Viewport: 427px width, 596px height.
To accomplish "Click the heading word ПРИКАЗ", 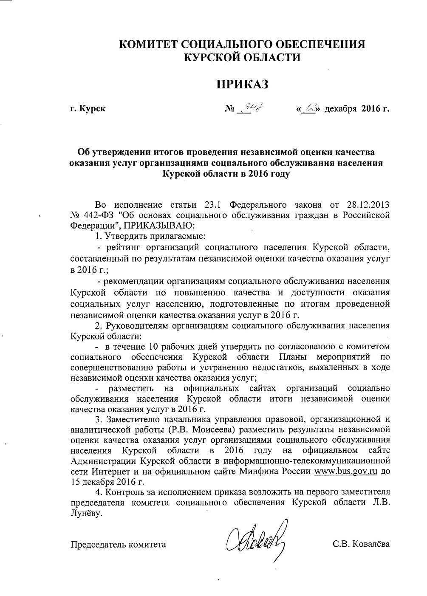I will [x=244, y=84].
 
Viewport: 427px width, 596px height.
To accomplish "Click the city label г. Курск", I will [x=88, y=109].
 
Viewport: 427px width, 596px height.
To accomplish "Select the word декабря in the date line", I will [x=340, y=109].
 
